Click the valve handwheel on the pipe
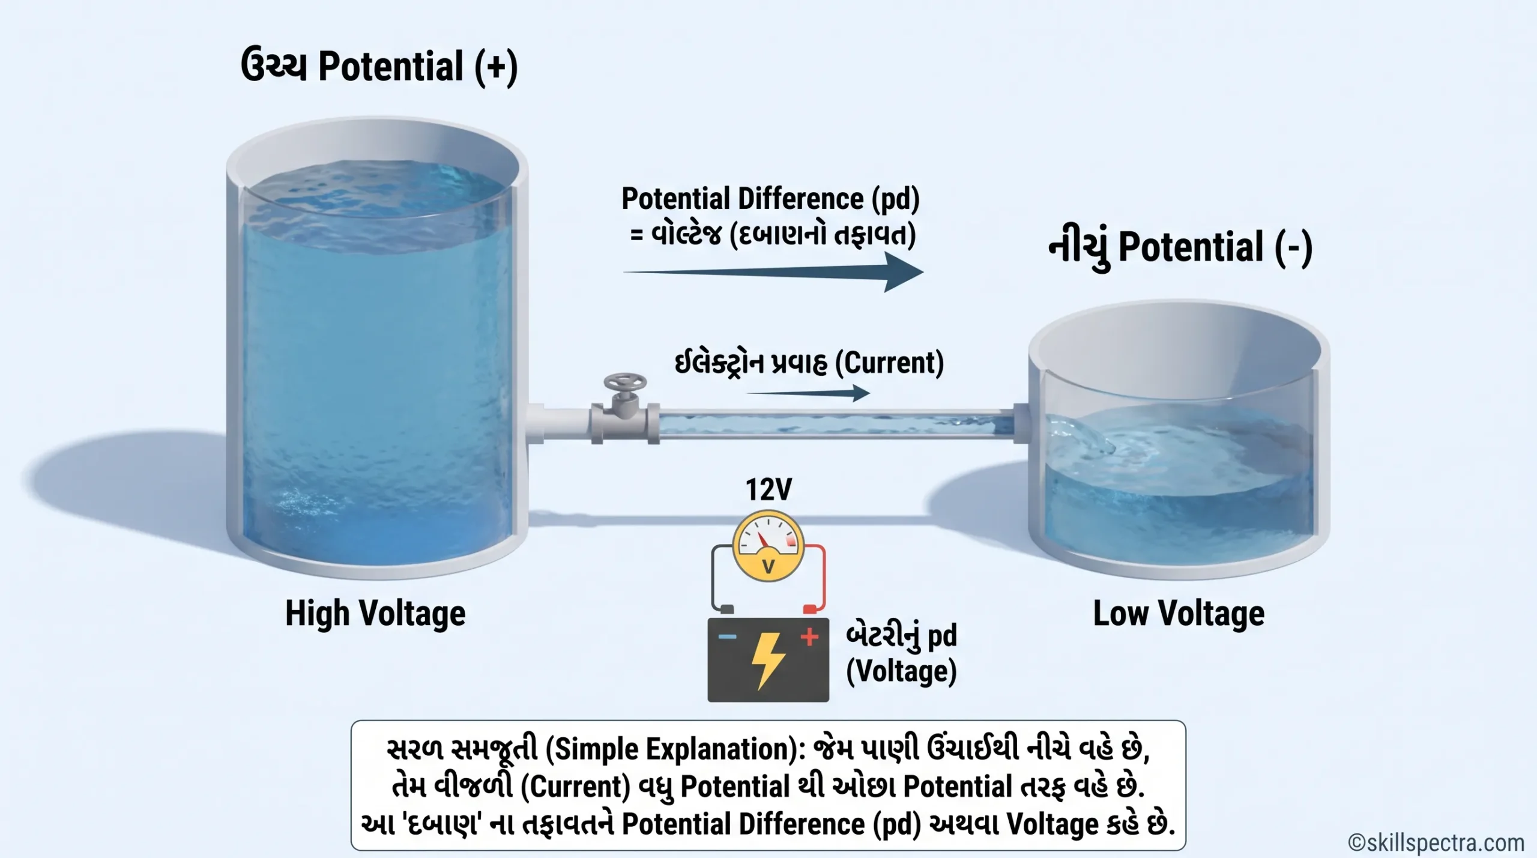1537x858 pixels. [x=625, y=382]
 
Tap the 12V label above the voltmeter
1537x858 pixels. [x=768, y=489]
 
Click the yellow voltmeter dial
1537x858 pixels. [x=768, y=546]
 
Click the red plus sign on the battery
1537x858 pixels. [x=809, y=636]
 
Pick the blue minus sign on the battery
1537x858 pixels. [x=727, y=636]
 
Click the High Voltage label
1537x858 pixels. [x=375, y=614]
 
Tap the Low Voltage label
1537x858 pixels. [x=1179, y=614]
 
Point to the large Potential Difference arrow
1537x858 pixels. [x=773, y=272]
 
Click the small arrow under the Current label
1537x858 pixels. [x=808, y=394]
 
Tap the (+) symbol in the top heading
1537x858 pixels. [x=495, y=67]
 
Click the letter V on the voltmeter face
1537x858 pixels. [x=768, y=566]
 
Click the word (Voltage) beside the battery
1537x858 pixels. [x=901, y=672]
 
